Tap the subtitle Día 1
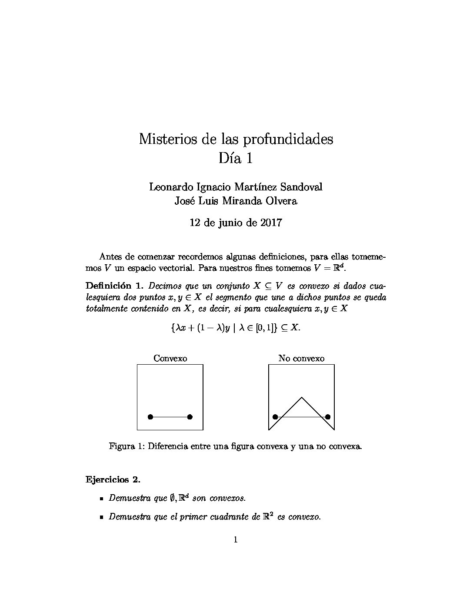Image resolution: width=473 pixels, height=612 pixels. tap(236, 158)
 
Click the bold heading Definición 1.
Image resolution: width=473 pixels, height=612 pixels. tap(114, 286)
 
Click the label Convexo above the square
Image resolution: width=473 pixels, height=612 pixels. tap(170, 359)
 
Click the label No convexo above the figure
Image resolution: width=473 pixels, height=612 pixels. tap(301, 359)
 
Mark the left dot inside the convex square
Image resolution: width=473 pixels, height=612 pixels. tap(150, 417)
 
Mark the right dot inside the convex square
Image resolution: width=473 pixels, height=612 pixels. tap(190, 417)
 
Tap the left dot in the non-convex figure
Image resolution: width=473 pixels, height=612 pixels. tap(275, 417)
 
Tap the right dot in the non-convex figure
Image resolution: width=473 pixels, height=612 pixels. tap(328, 417)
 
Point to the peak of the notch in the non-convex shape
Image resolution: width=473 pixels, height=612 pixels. tap(302, 397)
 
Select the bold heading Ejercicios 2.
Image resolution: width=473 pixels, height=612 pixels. tap(113, 480)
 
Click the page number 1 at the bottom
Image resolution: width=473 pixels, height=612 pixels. tap(236, 540)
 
